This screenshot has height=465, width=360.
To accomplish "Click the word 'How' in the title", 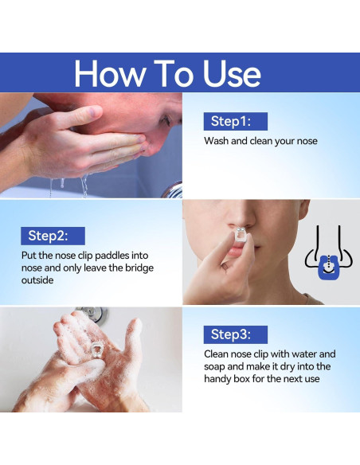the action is pos(109,73).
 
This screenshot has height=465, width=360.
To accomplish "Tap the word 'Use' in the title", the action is pos(232,73).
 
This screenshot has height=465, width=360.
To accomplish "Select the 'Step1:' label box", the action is pos(236,121).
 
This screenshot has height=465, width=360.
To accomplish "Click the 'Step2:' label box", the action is pos(53,236).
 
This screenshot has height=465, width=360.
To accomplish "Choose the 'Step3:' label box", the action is pos(236,334).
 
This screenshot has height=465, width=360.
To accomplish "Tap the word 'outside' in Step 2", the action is pos(37,280).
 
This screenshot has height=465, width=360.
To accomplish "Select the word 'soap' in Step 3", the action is pos(214,366).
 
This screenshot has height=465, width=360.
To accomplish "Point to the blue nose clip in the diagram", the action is pos(329,268).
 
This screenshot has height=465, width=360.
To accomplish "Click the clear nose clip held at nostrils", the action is pos(241,234).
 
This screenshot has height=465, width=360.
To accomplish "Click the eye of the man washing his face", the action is pos(165,120).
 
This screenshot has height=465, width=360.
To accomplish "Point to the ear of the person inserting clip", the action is pos(303,209).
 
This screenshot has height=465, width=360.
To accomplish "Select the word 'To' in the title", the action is pos(173,73).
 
